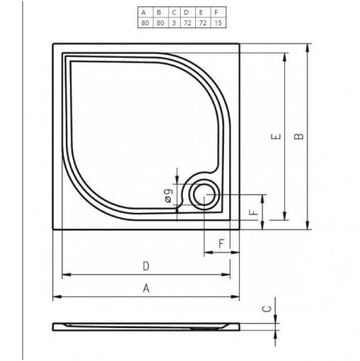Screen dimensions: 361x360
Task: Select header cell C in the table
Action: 173,12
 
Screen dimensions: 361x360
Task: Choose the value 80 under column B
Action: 159,23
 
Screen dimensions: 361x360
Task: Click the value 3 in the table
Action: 173,23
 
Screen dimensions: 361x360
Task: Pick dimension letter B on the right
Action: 301,136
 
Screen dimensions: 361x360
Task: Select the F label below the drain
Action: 220,243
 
